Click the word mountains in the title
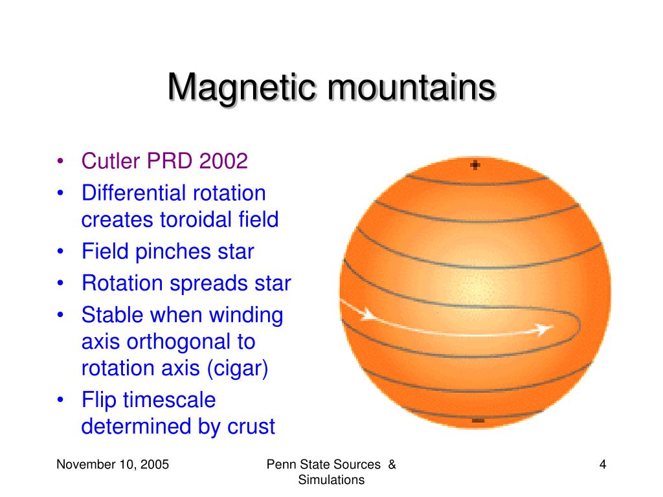pos(411,88)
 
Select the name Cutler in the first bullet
pos(110,161)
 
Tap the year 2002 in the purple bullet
pos(223,161)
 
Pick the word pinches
pos(173,252)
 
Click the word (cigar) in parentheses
pos(238,368)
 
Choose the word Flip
pos(99,401)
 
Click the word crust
pos(251,427)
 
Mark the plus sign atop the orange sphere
pos(475,165)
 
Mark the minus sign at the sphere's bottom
pos(478,420)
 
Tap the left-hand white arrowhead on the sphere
pos(368,315)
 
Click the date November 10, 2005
pos(113,465)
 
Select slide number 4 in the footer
pos(603,465)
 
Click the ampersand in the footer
pos(392,465)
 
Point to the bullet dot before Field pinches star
pos(60,252)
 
